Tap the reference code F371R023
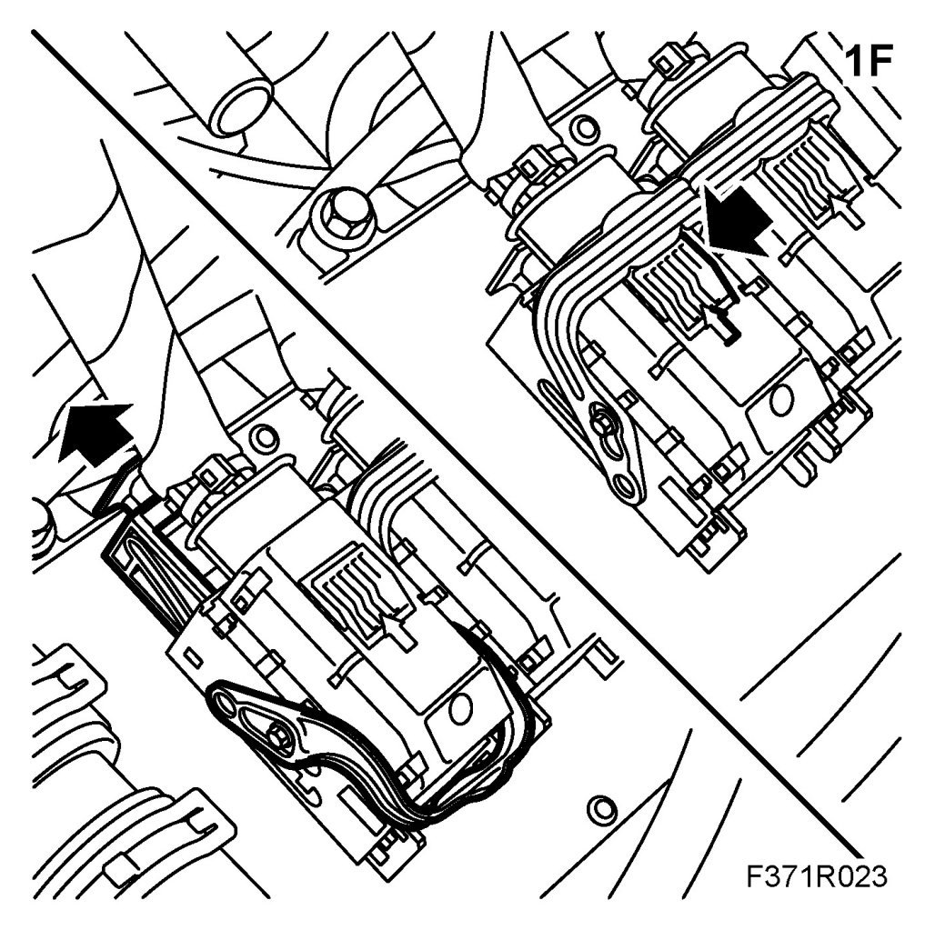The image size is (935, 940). (x=817, y=876)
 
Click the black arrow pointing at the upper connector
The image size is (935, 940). (x=736, y=219)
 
